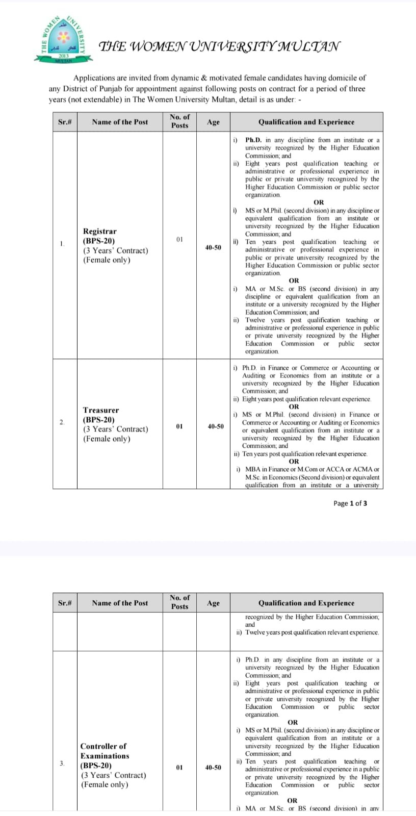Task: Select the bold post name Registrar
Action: [100, 231]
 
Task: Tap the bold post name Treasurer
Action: [101, 410]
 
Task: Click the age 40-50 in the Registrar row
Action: [213, 247]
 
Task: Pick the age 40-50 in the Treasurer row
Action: [215, 426]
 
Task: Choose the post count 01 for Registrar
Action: [179, 239]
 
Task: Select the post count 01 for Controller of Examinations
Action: [179, 767]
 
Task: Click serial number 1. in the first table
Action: [62, 244]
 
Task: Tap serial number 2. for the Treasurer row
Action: [62, 422]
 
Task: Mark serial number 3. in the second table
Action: [62, 763]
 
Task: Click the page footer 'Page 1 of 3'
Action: [350, 503]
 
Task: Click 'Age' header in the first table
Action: [213, 122]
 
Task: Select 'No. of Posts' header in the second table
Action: [179, 602]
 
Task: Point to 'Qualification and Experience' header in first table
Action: [306, 122]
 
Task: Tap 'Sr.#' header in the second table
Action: [65, 603]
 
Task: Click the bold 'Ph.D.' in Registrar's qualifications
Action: [253, 140]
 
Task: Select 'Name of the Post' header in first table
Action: [120, 122]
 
